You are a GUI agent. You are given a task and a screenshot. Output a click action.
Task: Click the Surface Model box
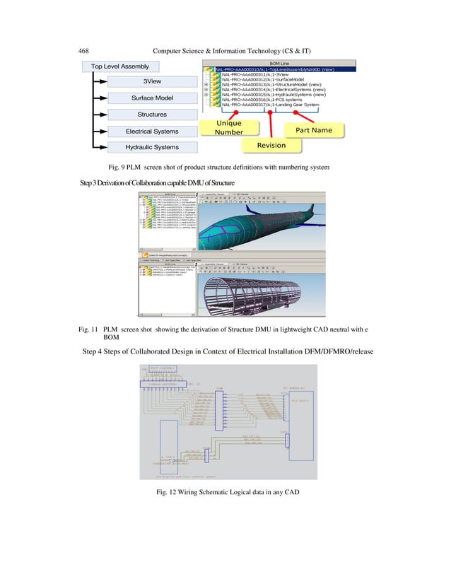(152, 98)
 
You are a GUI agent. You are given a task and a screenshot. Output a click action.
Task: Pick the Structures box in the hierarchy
(152, 114)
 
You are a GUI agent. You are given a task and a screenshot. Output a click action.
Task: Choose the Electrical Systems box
(152, 131)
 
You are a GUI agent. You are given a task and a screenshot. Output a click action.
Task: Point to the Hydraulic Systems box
(152, 147)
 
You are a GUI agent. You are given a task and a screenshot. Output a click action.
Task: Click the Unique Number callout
(229, 127)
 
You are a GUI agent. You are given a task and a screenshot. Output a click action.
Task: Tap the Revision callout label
(271, 145)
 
